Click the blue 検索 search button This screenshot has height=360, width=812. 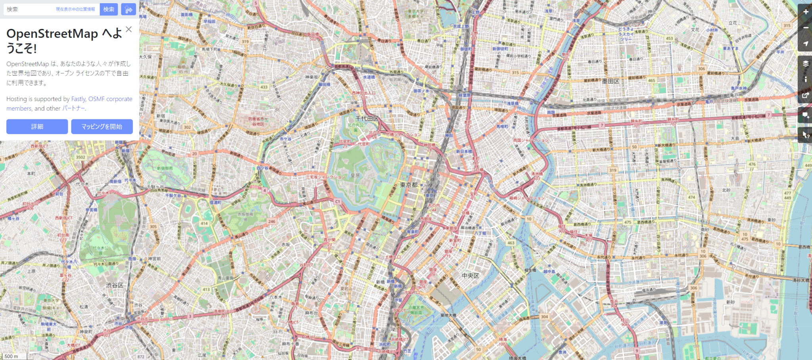(x=109, y=9)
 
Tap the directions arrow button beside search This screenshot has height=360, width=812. (x=128, y=10)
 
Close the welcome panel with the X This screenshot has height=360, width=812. (x=128, y=29)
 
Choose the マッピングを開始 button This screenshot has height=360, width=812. (x=102, y=126)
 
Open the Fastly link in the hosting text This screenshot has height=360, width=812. (x=79, y=99)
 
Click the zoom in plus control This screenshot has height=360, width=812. (x=806, y=12)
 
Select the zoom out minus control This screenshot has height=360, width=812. (x=806, y=28)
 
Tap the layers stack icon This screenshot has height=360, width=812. (x=806, y=63)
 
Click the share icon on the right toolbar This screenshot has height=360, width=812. (x=806, y=95)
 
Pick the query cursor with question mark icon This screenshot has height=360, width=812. (x=806, y=135)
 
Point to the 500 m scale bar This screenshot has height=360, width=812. (x=12, y=356)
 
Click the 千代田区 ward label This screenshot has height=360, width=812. (x=367, y=119)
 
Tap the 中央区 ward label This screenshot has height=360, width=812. (x=470, y=276)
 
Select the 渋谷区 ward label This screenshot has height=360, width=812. (x=115, y=285)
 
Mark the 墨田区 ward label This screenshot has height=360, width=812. (x=611, y=81)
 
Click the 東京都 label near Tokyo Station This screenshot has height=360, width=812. (x=409, y=185)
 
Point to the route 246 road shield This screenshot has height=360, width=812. (x=272, y=222)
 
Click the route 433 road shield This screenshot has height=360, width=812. (x=264, y=87)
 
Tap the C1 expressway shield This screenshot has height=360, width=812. (x=337, y=201)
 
